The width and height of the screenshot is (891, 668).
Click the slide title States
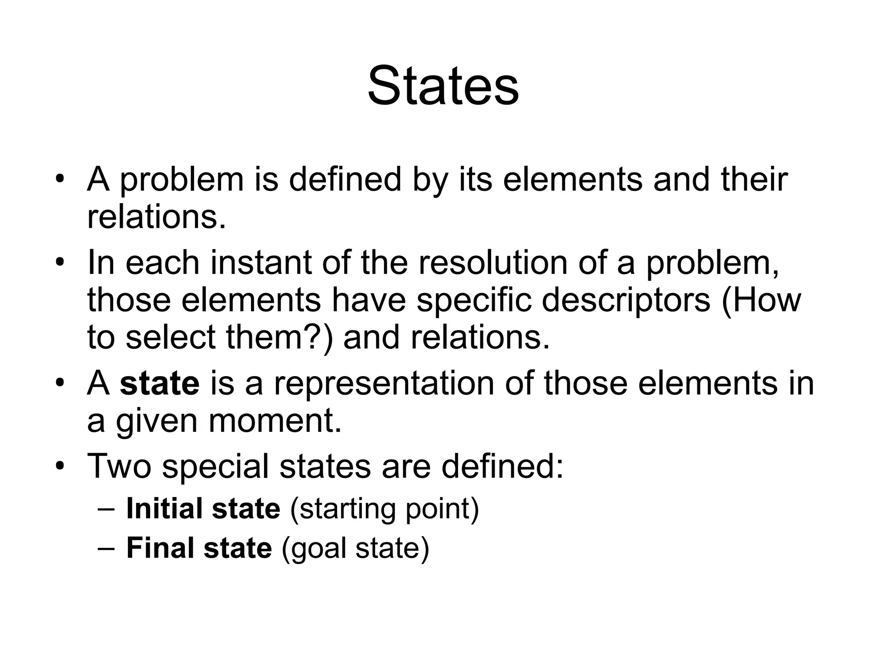pos(443,86)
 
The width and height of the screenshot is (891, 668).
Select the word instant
pos(261,263)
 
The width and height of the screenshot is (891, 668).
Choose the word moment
pos(275,421)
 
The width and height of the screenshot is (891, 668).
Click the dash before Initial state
pos(106,509)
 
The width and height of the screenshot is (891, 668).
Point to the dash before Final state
pos(106,548)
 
